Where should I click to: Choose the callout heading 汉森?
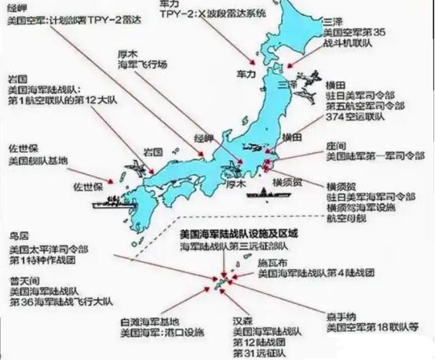[x=243, y=322]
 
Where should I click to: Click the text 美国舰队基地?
[x=36, y=161]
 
